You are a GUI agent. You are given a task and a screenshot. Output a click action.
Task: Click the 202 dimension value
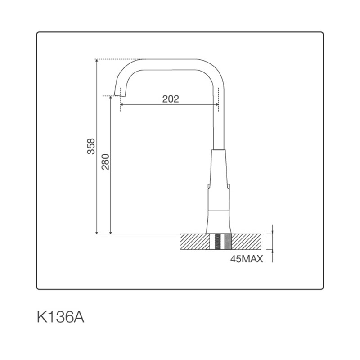(171, 99)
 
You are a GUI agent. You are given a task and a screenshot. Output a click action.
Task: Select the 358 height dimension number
(91, 146)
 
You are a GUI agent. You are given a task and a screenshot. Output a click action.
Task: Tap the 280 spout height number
(105, 162)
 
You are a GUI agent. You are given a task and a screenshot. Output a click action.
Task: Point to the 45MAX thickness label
(247, 259)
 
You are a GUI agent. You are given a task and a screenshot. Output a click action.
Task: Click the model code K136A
(61, 317)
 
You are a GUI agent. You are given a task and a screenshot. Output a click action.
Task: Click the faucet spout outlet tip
(119, 94)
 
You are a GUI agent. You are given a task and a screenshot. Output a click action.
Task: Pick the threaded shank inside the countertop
(220, 242)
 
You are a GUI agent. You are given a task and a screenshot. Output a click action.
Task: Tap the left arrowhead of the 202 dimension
(121, 105)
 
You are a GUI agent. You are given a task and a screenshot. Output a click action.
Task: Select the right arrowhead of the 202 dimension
(217, 105)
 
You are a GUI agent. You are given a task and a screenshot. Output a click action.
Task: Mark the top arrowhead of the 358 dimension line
(97, 61)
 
